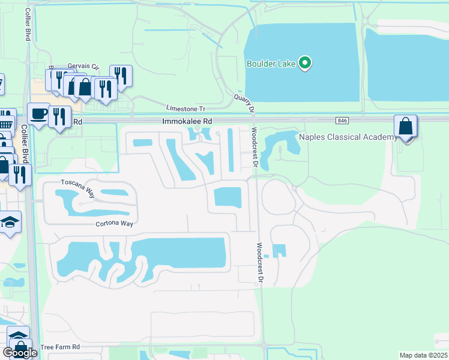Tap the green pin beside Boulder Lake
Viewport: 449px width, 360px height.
[305, 62]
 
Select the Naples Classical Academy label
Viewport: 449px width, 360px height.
[344, 137]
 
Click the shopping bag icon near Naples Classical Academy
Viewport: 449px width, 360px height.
[406, 127]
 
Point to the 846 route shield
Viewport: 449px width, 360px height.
[342, 121]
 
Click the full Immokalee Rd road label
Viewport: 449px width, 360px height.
[187, 121]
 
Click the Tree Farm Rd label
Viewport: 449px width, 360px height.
[60, 347]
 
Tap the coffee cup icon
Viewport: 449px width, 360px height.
[39, 113]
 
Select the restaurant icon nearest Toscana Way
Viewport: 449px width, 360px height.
[20, 175]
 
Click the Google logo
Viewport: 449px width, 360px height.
[20, 353]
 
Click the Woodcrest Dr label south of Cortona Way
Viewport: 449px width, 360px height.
[261, 263]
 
